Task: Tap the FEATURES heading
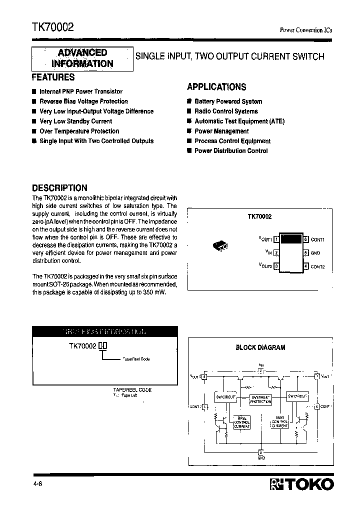click(x=53, y=77)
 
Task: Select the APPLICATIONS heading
click(x=216, y=87)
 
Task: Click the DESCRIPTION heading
click(x=59, y=188)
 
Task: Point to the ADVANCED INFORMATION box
click(x=82, y=58)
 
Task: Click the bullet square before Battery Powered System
click(x=189, y=101)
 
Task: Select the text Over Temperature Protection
click(x=79, y=131)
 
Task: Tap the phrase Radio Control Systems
click(x=226, y=111)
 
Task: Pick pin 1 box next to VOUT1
click(x=276, y=239)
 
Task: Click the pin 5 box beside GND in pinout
click(x=305, y=253)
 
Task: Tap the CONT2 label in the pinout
click(x=317, y=266)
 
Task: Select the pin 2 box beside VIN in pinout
click(x=276, y=253)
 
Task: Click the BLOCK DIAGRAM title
click(x=260, y=347)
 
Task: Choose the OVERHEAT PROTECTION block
click(x=260, y=399)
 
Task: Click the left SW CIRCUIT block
click(x=224, y=396)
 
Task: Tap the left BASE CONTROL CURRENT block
click(x=241, y=423)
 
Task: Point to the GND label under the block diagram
click(x=261, y=458)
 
